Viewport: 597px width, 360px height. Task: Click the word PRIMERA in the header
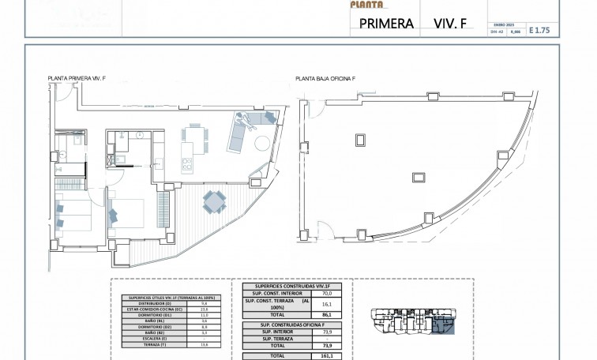click(x=387, y=24)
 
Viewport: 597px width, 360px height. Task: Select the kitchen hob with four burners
click(x=188, y=165)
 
